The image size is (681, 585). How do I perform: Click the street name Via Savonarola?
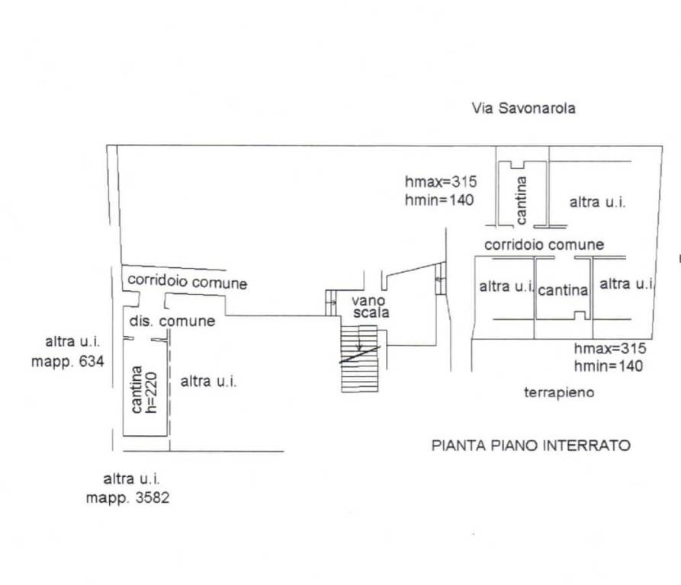[x=524, y=108]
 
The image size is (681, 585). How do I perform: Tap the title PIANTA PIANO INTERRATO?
[x=531, y=446]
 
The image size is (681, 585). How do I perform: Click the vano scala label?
[x=371, y=307]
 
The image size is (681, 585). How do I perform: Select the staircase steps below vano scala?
[x=359, y=359]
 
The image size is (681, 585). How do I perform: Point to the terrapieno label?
[x=559, y=392]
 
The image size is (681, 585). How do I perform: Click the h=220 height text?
[x=151, y=392]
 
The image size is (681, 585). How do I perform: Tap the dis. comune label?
[x=172, y=321]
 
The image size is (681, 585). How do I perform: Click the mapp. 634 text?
[x=68, y=361]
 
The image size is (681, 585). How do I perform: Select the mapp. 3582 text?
[x=127, y=497]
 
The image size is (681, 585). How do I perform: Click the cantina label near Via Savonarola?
[x=521, y=200]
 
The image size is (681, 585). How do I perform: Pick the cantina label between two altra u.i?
[x=563, y=289]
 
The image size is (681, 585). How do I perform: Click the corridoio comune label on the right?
[x=544, y=245]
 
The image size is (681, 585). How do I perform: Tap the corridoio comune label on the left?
[x=187, y=281]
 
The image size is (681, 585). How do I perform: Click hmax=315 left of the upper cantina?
[x=441, y=182]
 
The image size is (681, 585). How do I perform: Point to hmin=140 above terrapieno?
[x=608, y=366]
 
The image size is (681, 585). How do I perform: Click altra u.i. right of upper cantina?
[x=598, y=202]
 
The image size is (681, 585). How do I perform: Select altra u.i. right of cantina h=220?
[x=208, y=382]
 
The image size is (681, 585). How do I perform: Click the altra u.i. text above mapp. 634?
[x=72, y=342]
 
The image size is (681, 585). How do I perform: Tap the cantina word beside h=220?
[x=137, y=389]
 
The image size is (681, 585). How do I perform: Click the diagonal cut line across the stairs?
[x=360, y=354]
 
